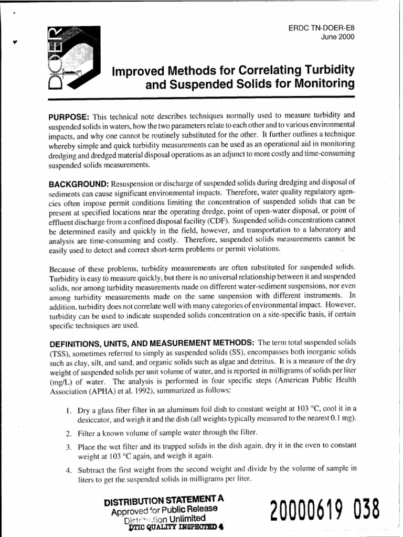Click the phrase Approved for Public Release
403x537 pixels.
(x=164, y=509)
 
